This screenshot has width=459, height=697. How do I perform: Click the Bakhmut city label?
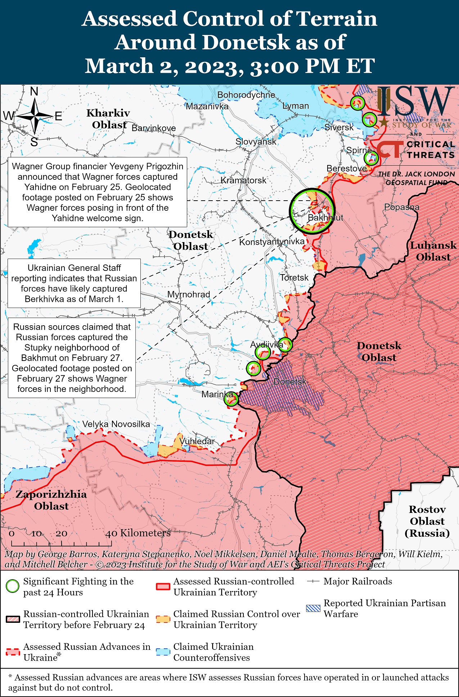tap(325, 218)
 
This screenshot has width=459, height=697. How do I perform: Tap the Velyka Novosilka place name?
tap(116, 424)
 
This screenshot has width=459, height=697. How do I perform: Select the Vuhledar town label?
tap(197, 441)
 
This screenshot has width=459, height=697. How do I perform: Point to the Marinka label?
tap(217, 394)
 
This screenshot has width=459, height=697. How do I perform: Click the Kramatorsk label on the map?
tap(243, 180)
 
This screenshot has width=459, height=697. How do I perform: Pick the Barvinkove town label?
tap(154, 128)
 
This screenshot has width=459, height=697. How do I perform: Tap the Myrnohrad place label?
tap(189, 294)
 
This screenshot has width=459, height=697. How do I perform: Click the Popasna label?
tap(401, 207)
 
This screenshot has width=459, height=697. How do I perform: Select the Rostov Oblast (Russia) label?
tap(427, 521)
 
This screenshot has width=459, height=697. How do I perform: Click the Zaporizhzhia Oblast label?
tap(51, 500)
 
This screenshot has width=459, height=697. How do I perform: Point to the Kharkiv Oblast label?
tap(108, 119)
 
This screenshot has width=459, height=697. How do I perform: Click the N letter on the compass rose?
tap(34, 91)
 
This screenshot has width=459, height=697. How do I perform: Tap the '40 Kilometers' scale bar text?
tap(138, 533)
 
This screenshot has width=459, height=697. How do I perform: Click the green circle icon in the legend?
tap(13, 586)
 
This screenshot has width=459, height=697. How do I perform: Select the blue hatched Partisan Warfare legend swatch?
tap(313, 608)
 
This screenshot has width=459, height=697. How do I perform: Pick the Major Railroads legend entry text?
tap(357, 581)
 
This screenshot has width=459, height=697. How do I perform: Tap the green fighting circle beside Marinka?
tap(231, 399)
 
